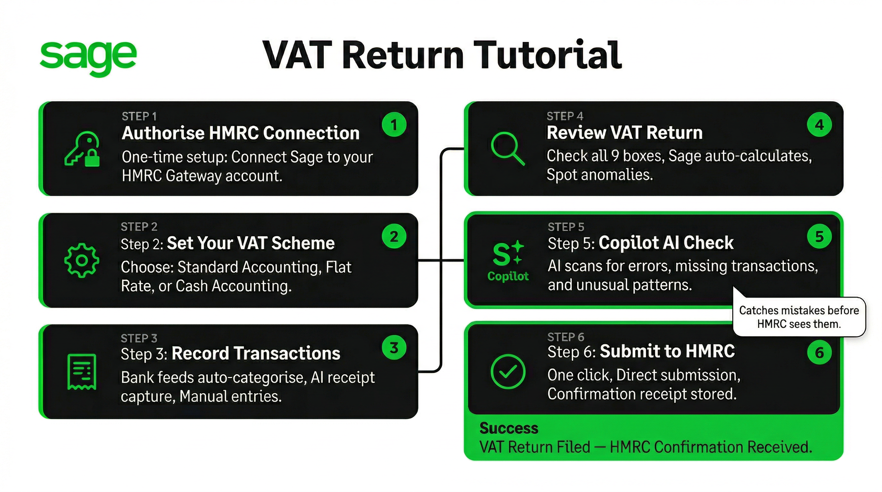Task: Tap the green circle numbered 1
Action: [394, 125]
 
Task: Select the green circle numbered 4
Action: [819, 125]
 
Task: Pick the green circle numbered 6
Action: [819, 352]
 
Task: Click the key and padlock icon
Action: [82, 149]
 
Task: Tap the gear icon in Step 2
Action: [82, 260]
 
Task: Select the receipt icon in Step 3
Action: [82, 372]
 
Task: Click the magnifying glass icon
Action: [508, 149]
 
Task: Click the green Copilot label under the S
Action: [508, 276]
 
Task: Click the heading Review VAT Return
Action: [625, 132]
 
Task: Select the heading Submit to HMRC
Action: [667, 351]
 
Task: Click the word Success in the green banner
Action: [509, 428]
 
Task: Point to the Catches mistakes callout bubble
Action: [799, 317]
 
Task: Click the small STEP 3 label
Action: [139, 338]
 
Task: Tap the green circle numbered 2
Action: [394, 236]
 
